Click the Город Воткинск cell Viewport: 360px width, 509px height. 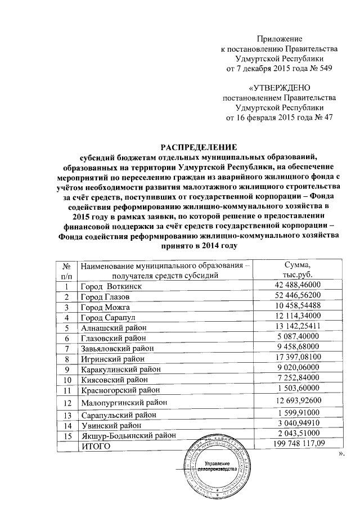[110, 286]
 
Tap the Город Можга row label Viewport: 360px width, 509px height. [106, 307]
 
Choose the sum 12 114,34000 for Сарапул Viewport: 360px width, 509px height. [292, 317]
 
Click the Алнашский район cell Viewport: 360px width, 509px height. [114, 328]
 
